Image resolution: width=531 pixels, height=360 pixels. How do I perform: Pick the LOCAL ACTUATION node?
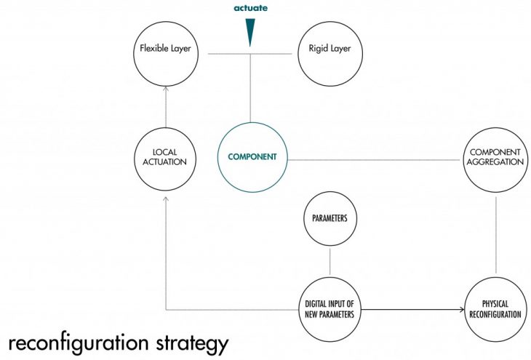(x=166, y=156)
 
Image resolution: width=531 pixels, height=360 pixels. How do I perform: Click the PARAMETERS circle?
(x=331, y=218)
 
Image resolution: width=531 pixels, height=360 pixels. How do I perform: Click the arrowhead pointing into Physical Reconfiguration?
(x=460, y=311)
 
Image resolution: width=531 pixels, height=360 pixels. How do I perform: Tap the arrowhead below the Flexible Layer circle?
(x=166, y=89)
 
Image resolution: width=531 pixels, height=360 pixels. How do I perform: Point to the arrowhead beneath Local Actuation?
(x=166, y=198)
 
